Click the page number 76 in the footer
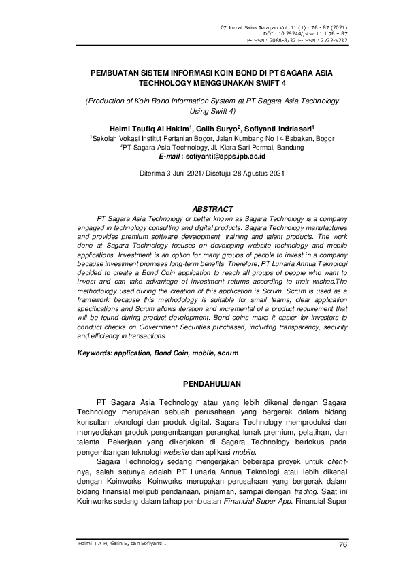point(342,543)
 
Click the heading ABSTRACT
point(213,208)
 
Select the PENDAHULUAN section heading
point(213,385)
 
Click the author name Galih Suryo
point(215,127)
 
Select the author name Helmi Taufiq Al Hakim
point(144,127)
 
